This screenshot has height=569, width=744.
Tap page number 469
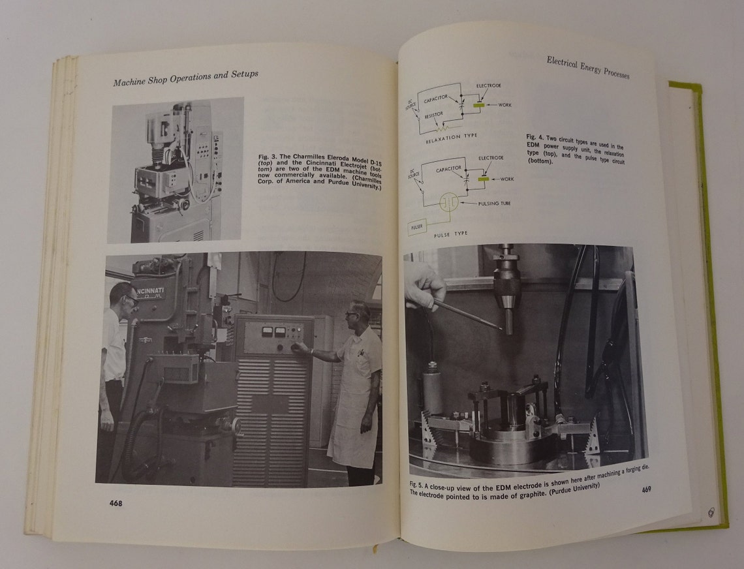pyautogui.click(x=646, y=490)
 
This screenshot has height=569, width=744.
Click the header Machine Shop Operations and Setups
pyautogui.click(x=186, y=76)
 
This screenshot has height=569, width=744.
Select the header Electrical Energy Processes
pyautogui.click(x=587, y=67)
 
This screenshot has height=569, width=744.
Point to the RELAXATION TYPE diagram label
pyautogui.click(x=451, y=136)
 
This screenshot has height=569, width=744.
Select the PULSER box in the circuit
pyautogui.click(x=416, y=227)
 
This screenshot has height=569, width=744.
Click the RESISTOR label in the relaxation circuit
pyautogui.click(x=433, y=114)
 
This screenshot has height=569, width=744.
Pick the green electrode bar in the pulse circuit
pyautogui.click(x=484, y=177)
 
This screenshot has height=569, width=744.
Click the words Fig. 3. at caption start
pyautogui.click(x=268, y=157)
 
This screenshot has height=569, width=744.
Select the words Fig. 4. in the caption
pyautogui.click(x=535, y=138)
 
